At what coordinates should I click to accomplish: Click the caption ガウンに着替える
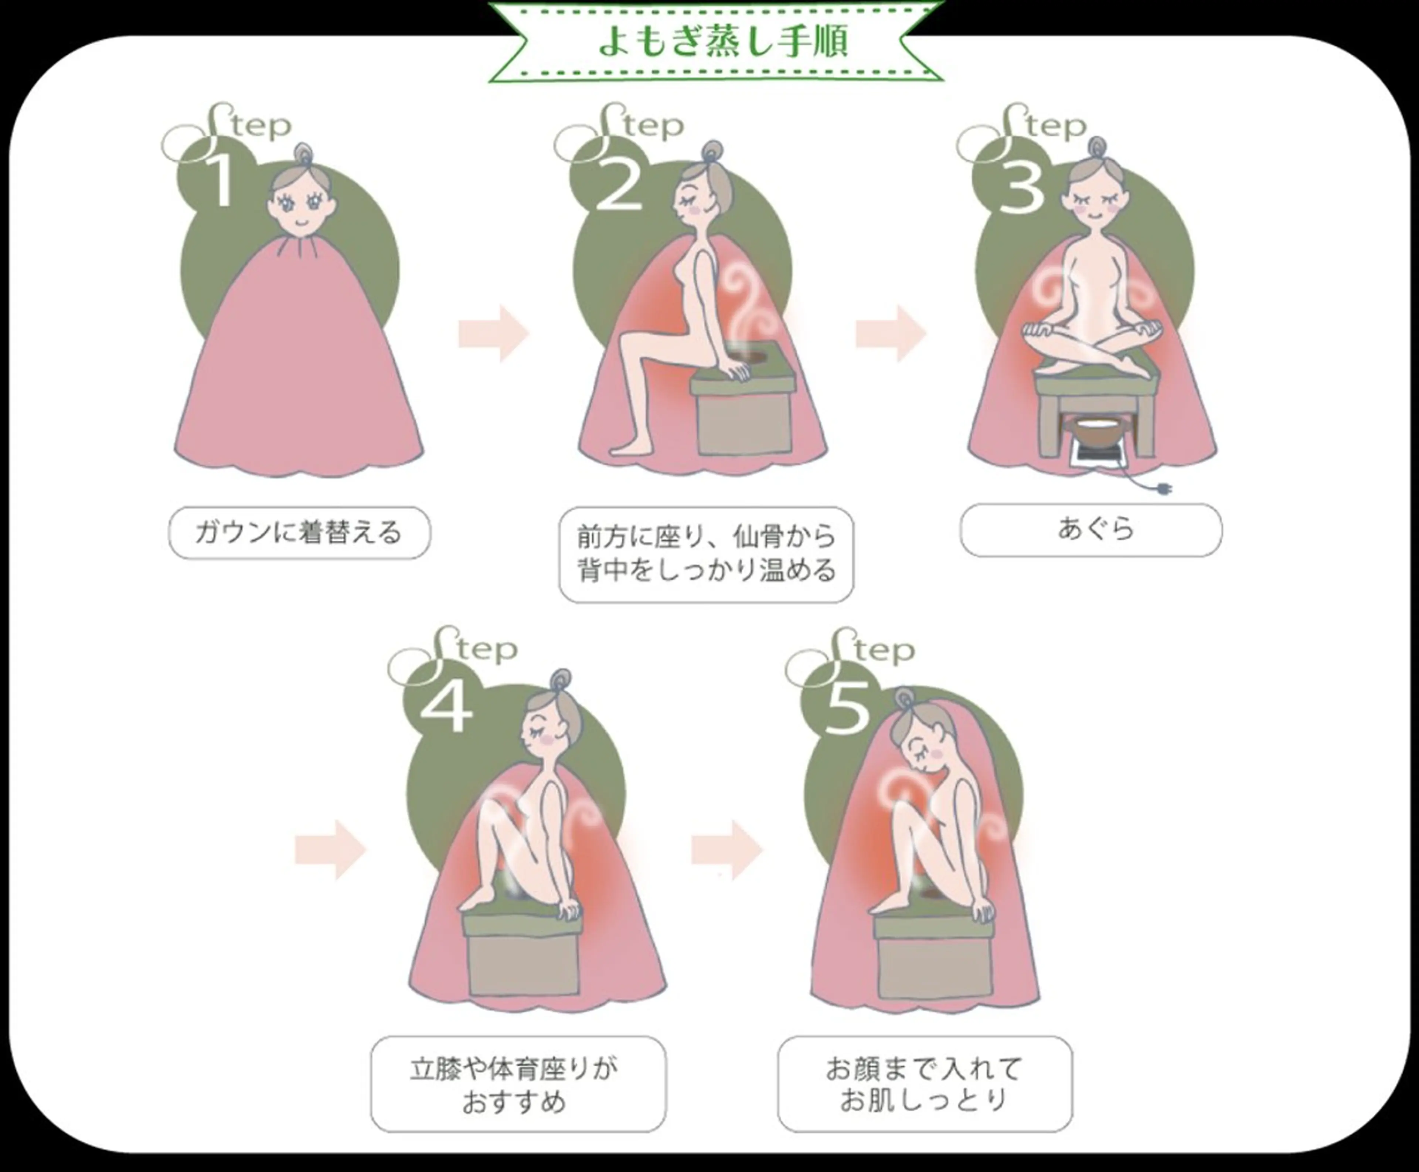pyautogui.click(x=299, y=533)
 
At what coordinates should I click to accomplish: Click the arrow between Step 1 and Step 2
pyautogui.click(x=493, y=333)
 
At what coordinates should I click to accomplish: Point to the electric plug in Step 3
pyautogui.click(x=1161, y=489)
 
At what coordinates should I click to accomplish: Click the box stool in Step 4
pyautogui.click(x=521, y=955)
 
